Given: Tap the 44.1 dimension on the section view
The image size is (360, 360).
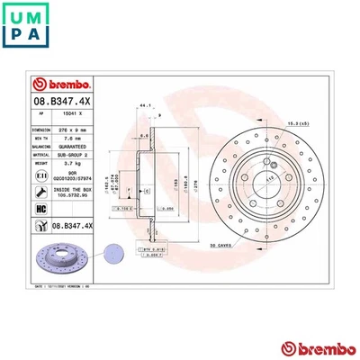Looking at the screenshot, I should point(146,105).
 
